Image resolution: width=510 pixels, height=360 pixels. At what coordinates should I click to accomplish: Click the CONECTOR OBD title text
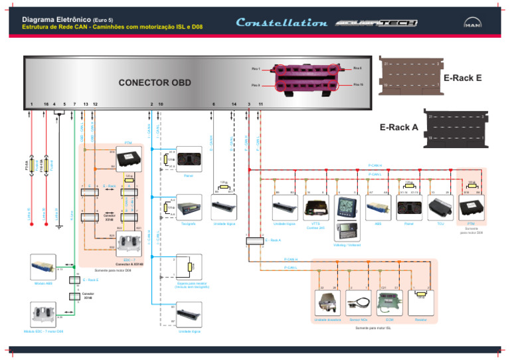click(x=155, y=84)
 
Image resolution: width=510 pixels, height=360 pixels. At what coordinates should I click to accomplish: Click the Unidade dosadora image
click(x=325, y=304)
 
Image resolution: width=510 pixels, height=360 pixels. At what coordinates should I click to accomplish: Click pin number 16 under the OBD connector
click(x=45, y=104)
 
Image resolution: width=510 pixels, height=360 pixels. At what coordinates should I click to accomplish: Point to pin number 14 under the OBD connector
click(x=234, y=104)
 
